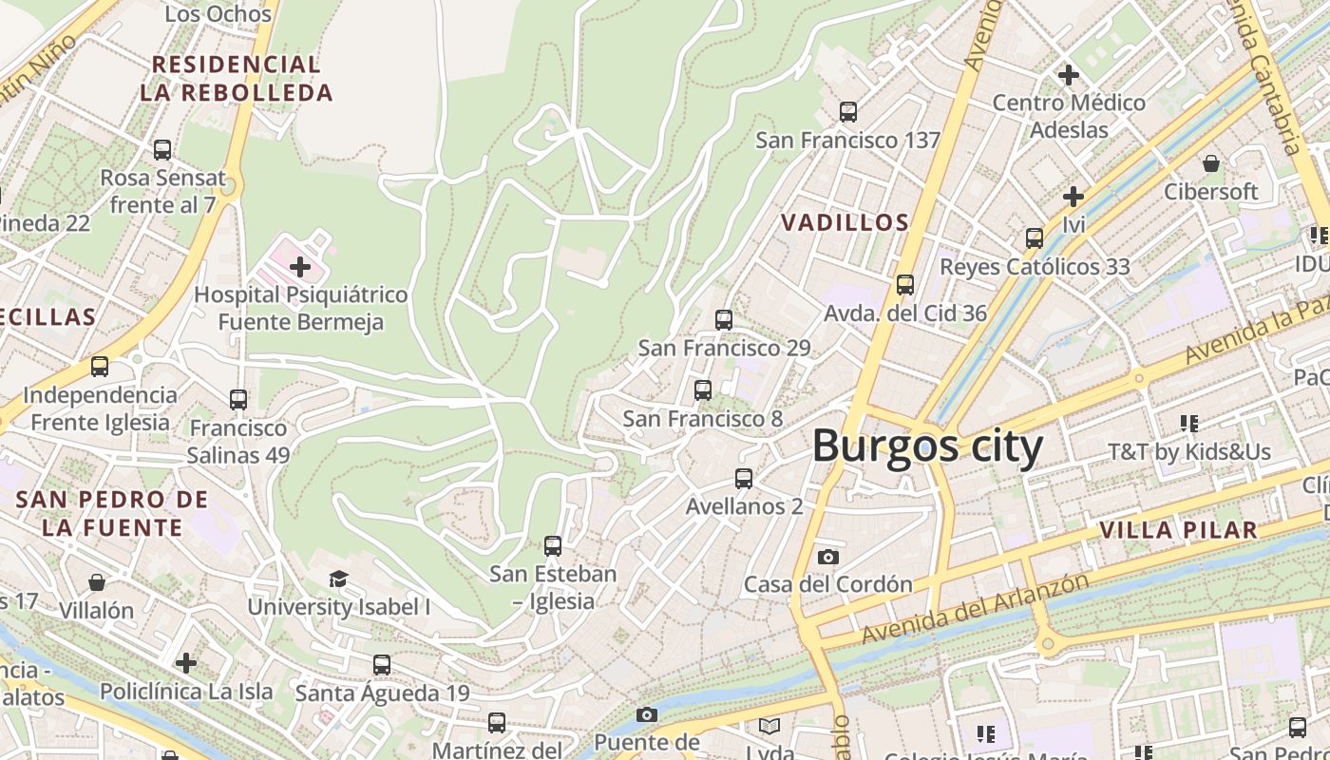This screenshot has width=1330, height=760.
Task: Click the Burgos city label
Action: [927, 446]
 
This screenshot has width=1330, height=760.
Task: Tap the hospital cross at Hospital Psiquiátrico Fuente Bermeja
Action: [300, 267]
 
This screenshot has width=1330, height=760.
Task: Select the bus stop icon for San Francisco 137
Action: [848, 112]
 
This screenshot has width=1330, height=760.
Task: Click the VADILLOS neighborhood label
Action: [845, 223]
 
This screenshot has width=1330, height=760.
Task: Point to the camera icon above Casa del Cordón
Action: [828, 557]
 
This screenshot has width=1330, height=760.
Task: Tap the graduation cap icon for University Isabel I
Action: [338, 579]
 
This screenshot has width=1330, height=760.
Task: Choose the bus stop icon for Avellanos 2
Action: [744, 479]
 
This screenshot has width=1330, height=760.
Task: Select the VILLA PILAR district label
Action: [1178, 530]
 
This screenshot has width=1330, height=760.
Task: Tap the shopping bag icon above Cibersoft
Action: [1211, 163]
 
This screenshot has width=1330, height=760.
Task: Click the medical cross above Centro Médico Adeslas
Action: [1069, 74]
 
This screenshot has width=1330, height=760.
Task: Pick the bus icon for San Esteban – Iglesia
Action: [553, 546]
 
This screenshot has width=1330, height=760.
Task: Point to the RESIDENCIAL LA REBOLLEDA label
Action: [237, 79]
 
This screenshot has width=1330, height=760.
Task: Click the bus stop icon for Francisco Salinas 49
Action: [238, 400]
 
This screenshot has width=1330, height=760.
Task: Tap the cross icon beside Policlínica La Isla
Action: [186, 662]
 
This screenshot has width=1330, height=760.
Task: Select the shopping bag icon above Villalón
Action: [96, 581]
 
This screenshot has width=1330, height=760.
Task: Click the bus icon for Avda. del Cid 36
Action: [905, 285]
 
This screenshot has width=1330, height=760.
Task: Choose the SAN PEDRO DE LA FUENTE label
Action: [112, 513]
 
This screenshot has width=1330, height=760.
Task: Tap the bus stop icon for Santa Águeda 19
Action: [382, 665]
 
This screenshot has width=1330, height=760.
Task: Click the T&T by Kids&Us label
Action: [1188, 451]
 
